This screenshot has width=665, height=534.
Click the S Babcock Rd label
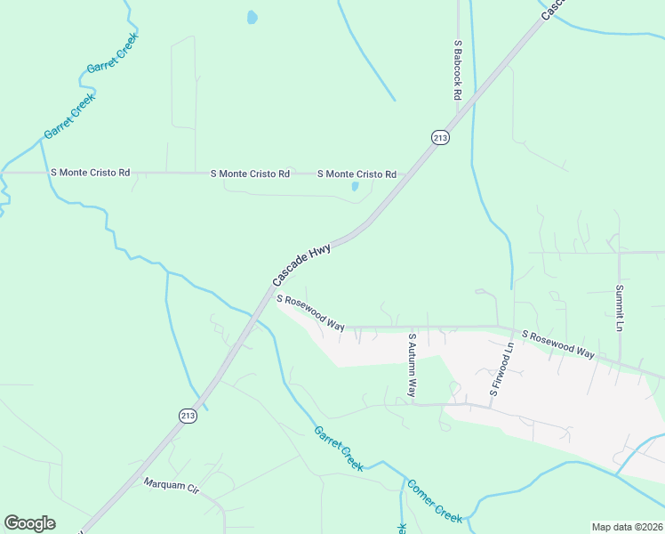(458, 69)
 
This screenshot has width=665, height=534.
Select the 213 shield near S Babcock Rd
(441, 137)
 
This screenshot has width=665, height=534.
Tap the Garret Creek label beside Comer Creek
(339, 448)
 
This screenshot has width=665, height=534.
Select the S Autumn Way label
(412, 366)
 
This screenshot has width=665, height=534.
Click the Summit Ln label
(620, 308)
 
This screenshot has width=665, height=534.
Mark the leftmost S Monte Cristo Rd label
(91, 172)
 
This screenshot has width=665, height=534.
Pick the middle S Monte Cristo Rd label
(250, 174)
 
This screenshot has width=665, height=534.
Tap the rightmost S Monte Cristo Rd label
(357, 174)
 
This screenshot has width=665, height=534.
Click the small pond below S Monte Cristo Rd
(355, 186)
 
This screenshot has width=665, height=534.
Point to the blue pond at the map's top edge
(252, 17)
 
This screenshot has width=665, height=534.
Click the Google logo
(29, 523)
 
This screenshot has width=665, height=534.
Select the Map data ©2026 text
(627, 527)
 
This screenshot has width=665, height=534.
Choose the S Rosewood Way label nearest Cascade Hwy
(310, 313)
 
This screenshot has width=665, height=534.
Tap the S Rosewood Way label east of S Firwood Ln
(558, 344)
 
